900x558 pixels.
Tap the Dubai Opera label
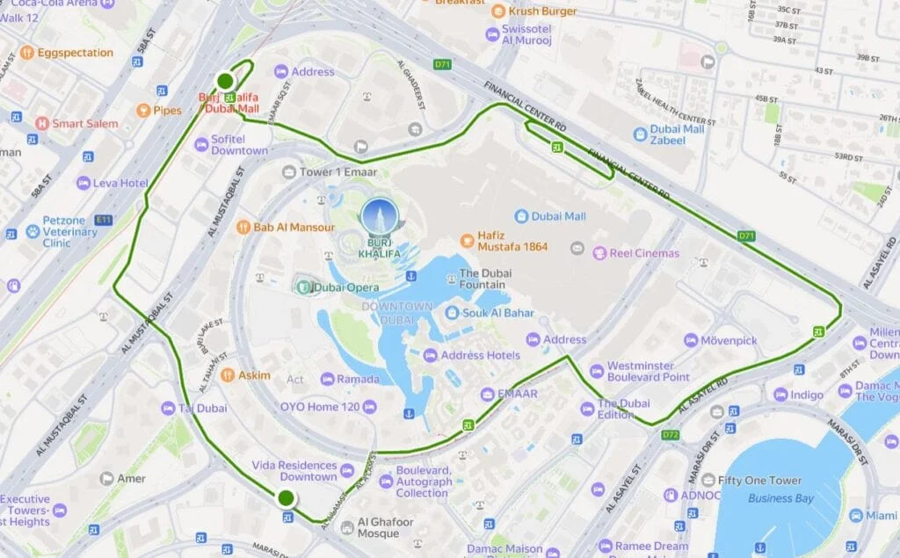tap(338, 287)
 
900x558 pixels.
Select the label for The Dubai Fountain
tap(482, 279)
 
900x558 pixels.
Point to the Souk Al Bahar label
tap(489, 314)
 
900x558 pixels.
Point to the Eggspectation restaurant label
tap(75, 53)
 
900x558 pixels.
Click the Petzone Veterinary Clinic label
tap(69, 232)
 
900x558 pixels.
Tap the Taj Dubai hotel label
tap(202, 408)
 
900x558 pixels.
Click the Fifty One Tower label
tap(758, 481)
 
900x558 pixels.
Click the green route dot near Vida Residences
tap(286, 498)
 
